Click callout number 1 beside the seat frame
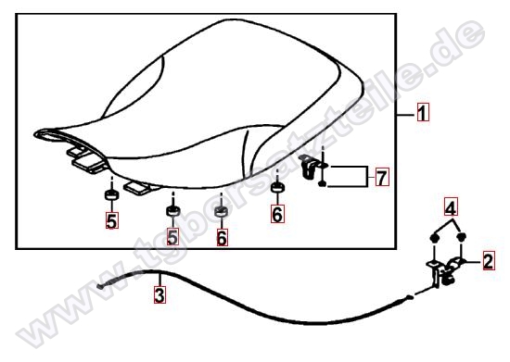[423, 112]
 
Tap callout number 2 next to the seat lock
[488, 261]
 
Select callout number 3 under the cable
[159, 294]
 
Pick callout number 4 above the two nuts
[451, 206]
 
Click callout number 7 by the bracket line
[382, 177]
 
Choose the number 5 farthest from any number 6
[111, 220]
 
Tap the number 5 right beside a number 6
[172, 237]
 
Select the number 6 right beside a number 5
[222, 238]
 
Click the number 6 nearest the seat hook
[277, 214]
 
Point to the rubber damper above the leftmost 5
[111, 194]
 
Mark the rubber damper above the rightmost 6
[277, 187]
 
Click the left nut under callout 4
[433, 238]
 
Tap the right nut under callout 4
[462, 237]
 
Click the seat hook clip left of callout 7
[309, 167]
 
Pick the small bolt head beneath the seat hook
[322, 184]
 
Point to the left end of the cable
[99, 286]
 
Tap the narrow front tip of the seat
[36, 133]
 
